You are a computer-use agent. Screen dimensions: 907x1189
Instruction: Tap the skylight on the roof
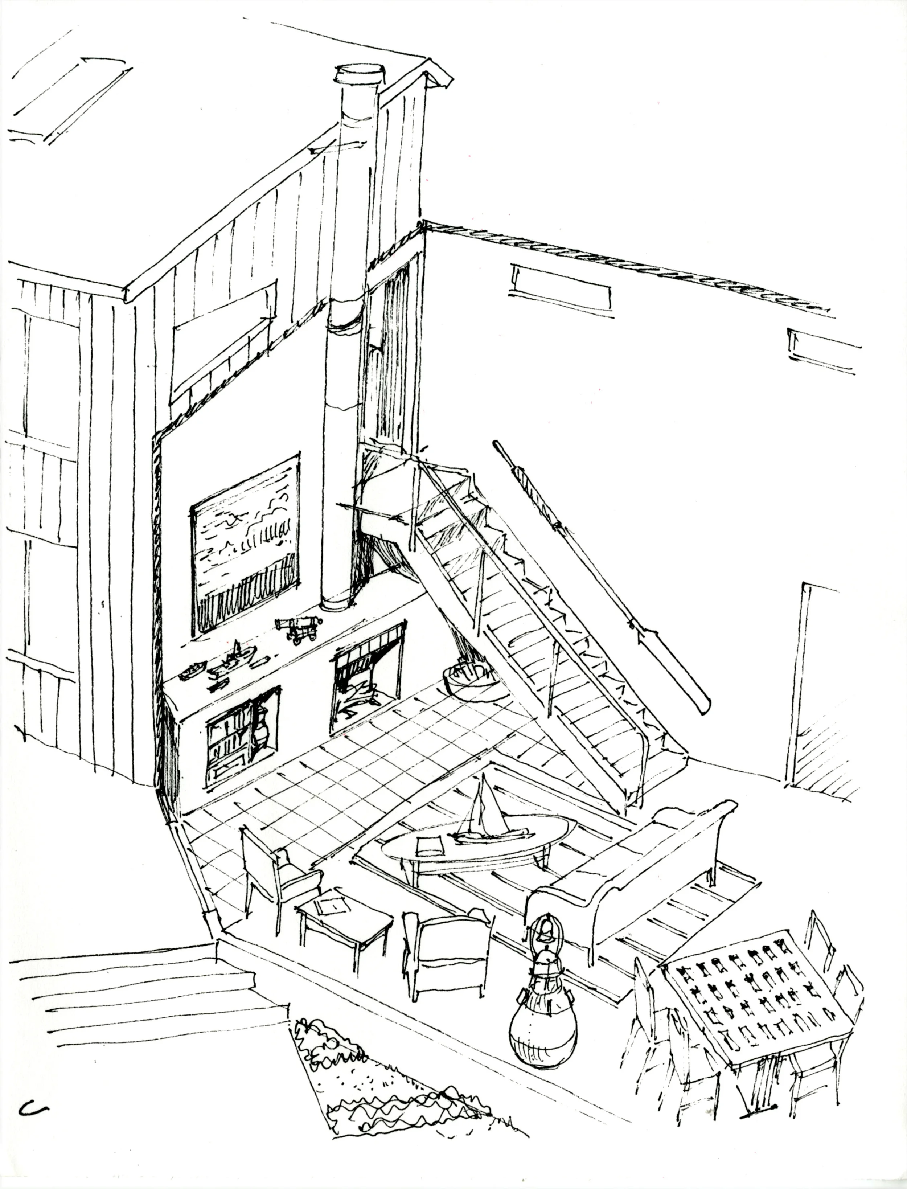click(70, 100)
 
